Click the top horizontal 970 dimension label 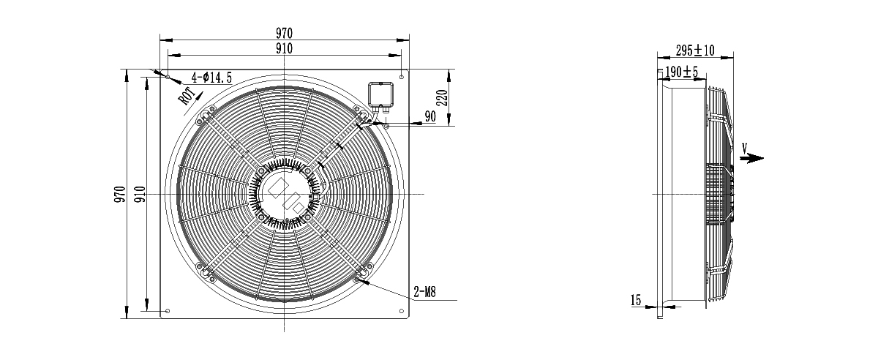click(284, 33)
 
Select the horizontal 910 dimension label click(284, 48)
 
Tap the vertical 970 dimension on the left click(120, 194)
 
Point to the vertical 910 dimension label click(140, 194)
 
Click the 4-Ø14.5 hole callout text click(211, 78)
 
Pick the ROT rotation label click(187, 97)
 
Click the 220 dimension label click(442, 97)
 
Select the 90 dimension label click(430, 116)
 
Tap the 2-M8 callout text click(425, 292)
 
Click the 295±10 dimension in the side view click(695, 50)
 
